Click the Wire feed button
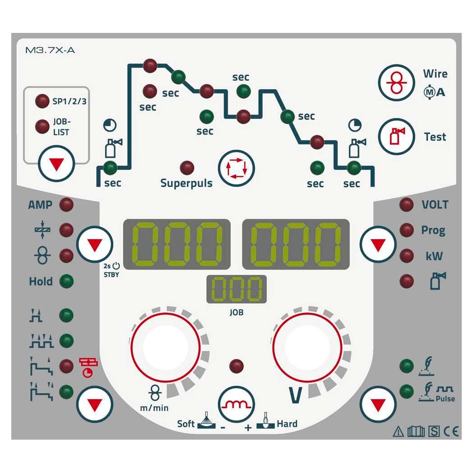point(396,82)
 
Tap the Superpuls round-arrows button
point(236,168)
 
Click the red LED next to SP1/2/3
point(42,101)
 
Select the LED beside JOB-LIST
point(42,127)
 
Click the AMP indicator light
point(66,205)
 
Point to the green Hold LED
point(66,282)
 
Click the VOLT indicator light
point(407,205)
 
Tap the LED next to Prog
point(407,230)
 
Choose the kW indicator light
point(407,256)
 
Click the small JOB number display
point(236,289)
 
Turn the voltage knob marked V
point(307,347)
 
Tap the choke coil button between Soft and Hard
point(236,404)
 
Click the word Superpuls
point(186,183)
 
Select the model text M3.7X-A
point(50,50)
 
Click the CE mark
point(451,432)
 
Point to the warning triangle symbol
point(399,432)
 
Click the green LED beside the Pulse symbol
point(407,391)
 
